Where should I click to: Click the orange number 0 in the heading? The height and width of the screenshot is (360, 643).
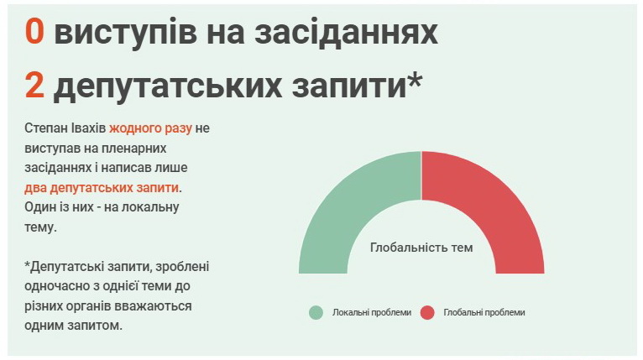pyautogui.click(x=34, y=32)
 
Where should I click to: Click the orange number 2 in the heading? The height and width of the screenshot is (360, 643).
pyautogui.click(x=34, y=85)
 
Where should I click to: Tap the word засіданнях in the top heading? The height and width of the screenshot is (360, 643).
pyautogui.click(x=347, y=32)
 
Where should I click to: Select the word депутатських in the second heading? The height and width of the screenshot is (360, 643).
pyautogui.click(x=168, y=87)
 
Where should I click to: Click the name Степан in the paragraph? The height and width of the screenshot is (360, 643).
pyautogui.click(x=45, y=128)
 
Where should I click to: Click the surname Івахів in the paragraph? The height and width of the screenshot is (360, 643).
pyautogui.click(x=88, y=128)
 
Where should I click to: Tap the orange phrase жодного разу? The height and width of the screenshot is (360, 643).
pyautogui.click(x=150, y=129)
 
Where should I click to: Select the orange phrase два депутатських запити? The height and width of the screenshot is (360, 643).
pyautogui.click(x=102, y=188)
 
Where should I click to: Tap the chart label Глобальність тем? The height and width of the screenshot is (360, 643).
pyautogui.click(x=421, y=248)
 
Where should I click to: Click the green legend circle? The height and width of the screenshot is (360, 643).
pyautogui.click(x=316, y=312)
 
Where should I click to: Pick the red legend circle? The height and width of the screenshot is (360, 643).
pyautogui.click(x=427, y=312)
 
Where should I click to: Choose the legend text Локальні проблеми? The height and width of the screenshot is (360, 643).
pyautogui.click(x=372, y=312)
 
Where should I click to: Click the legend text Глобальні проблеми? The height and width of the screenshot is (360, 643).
pyautogui.click(x=484, y=312)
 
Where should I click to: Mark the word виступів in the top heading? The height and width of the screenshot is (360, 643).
pyautogui.click(x=125, y=33)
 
